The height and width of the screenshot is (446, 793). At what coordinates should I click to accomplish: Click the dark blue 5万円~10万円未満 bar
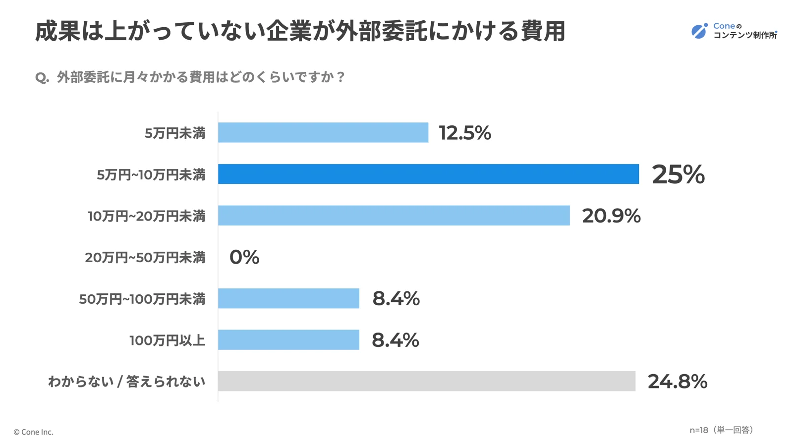(x=428, y=174)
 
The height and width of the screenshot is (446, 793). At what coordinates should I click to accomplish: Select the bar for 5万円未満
(x=323, y=132)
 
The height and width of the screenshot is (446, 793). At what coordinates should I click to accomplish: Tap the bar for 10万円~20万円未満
(x=394, y=216)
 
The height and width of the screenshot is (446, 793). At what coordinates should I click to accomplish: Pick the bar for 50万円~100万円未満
(x=288, y=298)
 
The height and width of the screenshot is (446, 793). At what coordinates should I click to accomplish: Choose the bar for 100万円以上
(x=288, y=340)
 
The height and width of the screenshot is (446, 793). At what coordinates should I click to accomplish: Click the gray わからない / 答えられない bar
(x=426, y=381)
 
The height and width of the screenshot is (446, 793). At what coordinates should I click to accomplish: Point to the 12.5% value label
(x=464, y=133)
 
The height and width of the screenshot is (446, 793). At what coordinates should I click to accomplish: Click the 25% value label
(x=678, y=174)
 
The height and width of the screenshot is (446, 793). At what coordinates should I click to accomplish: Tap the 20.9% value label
(x=611, y=216)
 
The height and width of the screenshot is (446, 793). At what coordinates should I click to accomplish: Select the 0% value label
(x=244, y=257)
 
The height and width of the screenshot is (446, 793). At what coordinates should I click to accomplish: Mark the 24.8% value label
(x=677, y=382)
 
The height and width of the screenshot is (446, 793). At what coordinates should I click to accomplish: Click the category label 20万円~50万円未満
(x=145, y=258)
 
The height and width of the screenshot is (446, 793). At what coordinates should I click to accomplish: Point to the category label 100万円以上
(x=167, y=340)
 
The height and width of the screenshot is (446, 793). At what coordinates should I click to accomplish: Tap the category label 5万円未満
(x=174, y=133)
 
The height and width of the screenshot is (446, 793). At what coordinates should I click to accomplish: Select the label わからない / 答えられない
(x=126, y=382)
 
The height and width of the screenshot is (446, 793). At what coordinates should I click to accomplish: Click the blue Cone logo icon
(x=699, y=31)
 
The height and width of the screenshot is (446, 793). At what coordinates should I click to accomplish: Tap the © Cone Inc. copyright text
(x=33, y=432)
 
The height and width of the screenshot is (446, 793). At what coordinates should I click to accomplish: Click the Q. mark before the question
(x=42, y=78)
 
